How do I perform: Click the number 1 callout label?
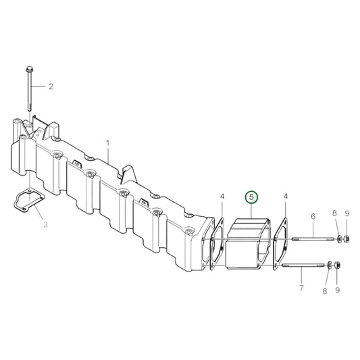tap(107, 143)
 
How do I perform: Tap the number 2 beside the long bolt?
tap(50, 86)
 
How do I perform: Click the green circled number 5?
tap(251, 197)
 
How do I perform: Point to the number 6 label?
tap(313, 216)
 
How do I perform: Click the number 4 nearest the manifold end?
tap(222, 197)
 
